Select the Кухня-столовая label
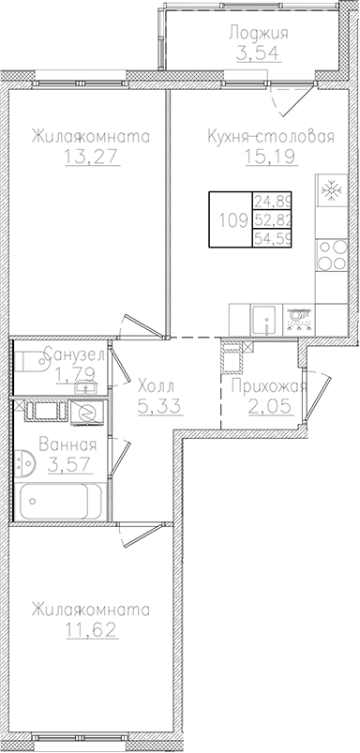pyautogui.click(x=271, y=137)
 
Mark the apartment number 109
pyautogui.click(x=232, y=221)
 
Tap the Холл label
pyautogui.click(x=154, y=385)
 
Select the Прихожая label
pyautogui.click(x=269, y=385)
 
